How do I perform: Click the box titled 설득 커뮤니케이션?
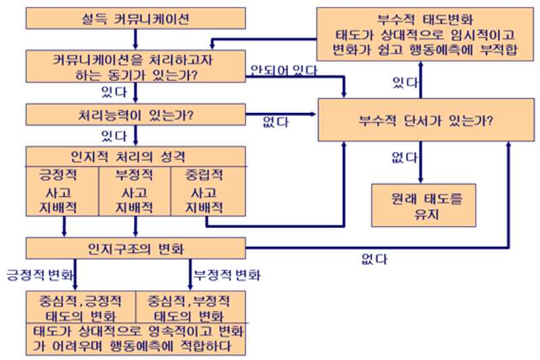pyautogui.click(x=135, y=19)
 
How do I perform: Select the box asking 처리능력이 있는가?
pyautogui.click(x=135, y=114)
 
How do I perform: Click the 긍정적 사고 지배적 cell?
pyautogui.click(x=62, y=191)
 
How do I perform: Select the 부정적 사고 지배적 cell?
pyautogui.click(x=135, y=191)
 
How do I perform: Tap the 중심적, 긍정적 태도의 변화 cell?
pyautogui.click(x=82, y=307)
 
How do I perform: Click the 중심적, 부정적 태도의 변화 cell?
pyautogui.click(x=192, y=307)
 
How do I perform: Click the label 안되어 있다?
pyautogui.click(x=284, y=69)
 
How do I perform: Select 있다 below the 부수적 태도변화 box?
pyautogui.click(x=405, y=83)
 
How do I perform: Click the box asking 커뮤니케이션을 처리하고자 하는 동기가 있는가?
pyautogui.click(x=135, y=65)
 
